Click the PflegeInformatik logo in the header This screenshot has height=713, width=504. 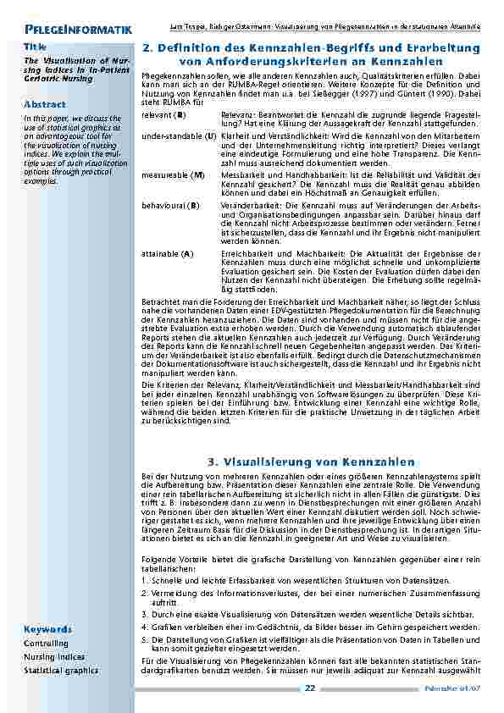click(78, 31)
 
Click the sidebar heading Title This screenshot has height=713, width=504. click(35, 45)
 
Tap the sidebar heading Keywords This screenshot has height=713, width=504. click(47, 630)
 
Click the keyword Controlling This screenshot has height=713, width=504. click(47, 644)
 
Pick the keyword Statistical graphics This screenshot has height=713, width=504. click(61, 670)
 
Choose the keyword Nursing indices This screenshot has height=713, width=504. click(54, 656)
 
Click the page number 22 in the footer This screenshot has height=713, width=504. click(310, 688)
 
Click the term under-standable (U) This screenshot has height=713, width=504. click(179, 135)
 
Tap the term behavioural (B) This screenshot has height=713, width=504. click(171, 205)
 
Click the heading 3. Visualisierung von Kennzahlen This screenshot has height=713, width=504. click(311, 462)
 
